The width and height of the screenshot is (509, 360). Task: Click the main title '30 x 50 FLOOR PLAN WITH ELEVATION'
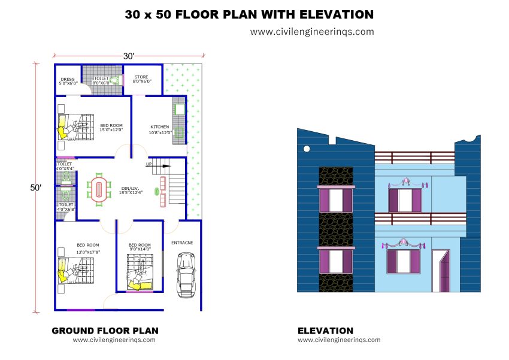coord(249,14)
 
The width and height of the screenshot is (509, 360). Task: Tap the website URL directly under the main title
coord(311,32)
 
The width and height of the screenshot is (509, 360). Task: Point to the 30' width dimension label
coord(129,56)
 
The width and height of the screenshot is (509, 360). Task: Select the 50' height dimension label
coord(36,187)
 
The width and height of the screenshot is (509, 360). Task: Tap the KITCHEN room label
coord(159,129)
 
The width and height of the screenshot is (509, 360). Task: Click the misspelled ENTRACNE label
coord(181,243)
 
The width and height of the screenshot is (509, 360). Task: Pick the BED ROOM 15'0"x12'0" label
coord(111,127)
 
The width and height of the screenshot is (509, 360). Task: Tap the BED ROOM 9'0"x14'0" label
coord(140,247)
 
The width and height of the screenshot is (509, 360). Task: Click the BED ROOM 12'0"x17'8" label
coord(87,247)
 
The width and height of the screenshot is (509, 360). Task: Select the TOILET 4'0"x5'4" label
coord(65,166)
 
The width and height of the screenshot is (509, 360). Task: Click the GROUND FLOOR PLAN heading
coord(105,330)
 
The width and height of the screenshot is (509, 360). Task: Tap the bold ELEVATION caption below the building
coord(325,330)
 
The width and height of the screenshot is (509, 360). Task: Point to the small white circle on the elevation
coord(307,149)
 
